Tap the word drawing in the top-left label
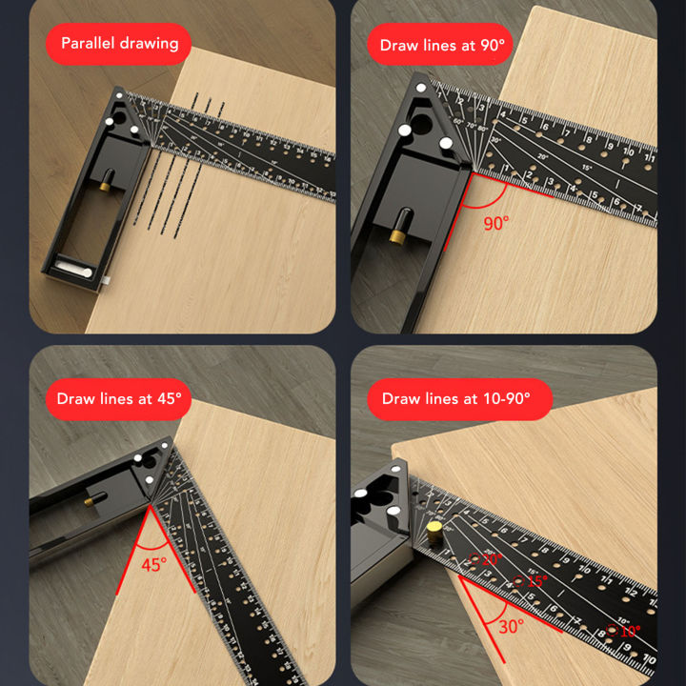tap(149, 44)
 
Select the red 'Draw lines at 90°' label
tap(442, 45)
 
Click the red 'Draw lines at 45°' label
tap(118, 398)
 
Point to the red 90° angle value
tap(495, 223)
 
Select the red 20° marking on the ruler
tap(490, 559)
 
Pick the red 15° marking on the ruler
tap(535, 580)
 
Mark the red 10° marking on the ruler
tap(627, 630)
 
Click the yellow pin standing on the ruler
tap(434, 529)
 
